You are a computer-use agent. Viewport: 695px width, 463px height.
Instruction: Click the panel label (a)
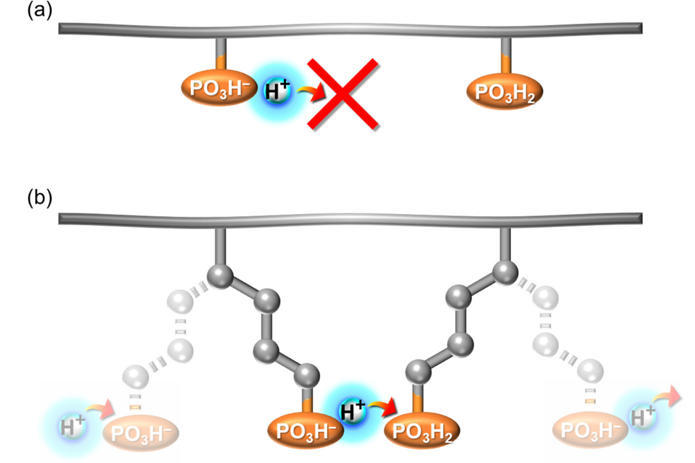click(x=40, y=11)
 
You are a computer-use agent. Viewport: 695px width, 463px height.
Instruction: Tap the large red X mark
click(x=343, y=94)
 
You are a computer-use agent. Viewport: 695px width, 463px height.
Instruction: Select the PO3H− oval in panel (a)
click(x=220, y=88)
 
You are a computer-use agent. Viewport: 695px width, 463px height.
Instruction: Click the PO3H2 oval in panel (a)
click(x=505, y=91)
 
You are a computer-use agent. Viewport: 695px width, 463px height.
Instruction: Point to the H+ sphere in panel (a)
click(x=277, y=91)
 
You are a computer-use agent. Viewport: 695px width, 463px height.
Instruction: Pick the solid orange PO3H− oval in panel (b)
click(x=306, y=431)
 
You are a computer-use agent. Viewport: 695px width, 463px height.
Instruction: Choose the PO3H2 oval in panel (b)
click(x=422, y=431)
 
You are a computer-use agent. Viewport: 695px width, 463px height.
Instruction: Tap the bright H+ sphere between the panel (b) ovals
click(x=353, y=412)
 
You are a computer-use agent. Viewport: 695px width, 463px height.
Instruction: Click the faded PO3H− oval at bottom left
click(x=141, y=433)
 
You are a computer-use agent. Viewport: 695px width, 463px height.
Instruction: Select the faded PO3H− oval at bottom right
click(x=590, y=430)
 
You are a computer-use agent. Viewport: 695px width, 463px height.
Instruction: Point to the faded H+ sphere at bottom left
click(x=72, y=427)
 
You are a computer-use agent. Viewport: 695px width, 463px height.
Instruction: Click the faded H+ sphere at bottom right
click(x=643, y=417)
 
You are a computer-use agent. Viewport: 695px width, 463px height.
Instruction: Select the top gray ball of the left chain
click(x=220, y=276)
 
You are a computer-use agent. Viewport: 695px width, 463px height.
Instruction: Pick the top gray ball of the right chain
click(x=505, y=272)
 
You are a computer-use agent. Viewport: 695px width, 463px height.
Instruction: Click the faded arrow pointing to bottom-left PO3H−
click(x=100, y=410)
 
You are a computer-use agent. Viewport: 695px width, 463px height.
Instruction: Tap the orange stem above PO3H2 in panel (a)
click(x=506, y=64)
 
